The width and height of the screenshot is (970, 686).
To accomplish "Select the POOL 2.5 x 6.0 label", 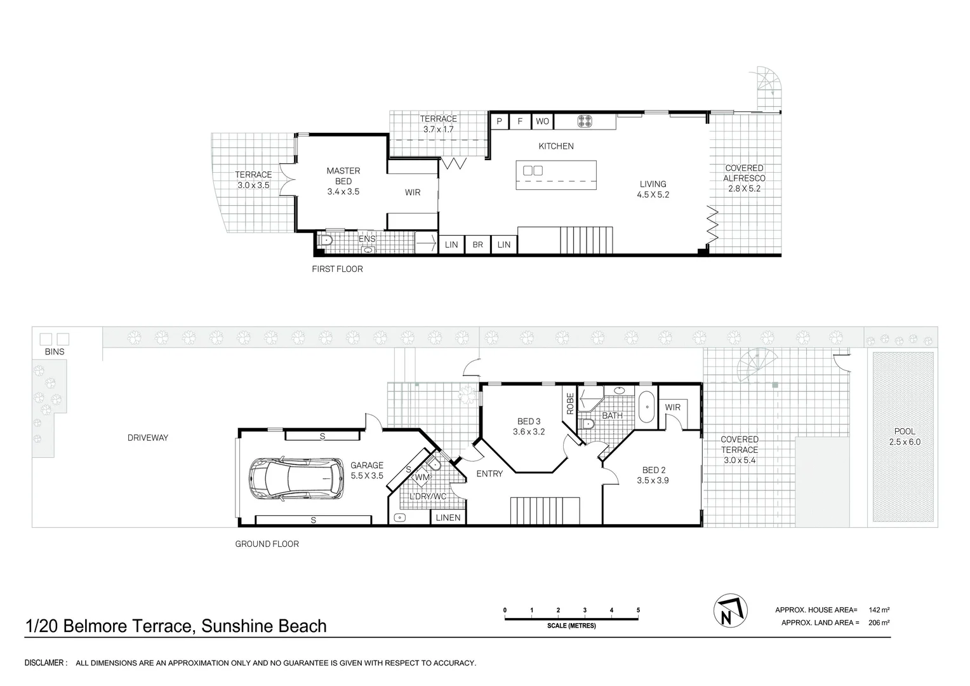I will coord(905,437).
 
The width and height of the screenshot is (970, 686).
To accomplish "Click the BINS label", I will coord(55,351).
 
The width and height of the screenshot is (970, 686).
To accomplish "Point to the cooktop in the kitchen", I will coord(584,121).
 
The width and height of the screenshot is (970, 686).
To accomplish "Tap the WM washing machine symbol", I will coord(422,477).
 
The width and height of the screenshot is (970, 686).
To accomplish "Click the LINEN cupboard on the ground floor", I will coord(448,518).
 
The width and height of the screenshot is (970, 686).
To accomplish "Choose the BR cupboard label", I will coord(477,245).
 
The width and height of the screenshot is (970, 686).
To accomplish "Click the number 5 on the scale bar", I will coord(638,610).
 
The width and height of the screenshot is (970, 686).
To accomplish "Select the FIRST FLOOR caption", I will coord(337,269).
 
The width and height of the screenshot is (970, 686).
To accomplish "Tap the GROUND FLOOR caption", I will coord(267,544).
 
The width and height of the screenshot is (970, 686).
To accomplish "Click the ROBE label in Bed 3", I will coord(570,403).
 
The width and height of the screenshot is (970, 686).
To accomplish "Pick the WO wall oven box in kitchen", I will coord(543,121).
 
